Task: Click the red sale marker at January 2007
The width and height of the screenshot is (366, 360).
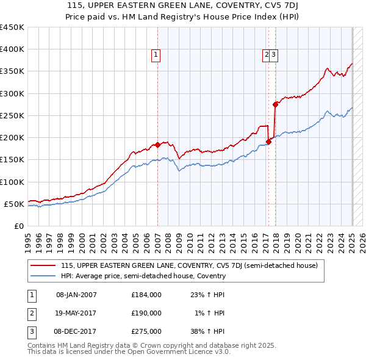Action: [x=157, y=145]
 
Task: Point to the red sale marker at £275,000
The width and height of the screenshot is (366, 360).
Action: [x=276, y=104]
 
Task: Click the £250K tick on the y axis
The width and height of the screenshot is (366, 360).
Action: [x=12, y=115]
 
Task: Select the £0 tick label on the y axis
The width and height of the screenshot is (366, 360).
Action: [x=19, y=226]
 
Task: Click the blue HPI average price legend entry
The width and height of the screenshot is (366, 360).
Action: [x=143, y=276]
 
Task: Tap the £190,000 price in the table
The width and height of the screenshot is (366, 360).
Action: [x=146, y=313]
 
